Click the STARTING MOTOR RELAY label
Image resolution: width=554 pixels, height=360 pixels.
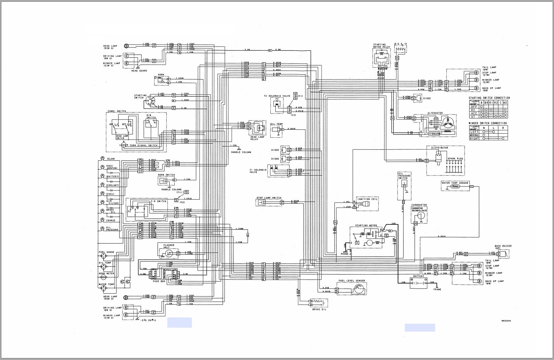[381, 46]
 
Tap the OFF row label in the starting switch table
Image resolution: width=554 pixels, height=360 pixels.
[474, 107]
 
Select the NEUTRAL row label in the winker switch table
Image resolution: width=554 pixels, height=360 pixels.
[474, 135]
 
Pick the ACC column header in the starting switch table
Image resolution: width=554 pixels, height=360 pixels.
[505, 103]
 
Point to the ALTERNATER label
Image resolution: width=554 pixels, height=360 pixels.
[435, 113]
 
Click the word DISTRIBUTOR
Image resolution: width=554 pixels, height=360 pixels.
[439, 148]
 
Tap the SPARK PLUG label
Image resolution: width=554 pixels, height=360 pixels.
[455, 159]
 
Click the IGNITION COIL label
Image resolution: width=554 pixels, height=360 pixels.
[367, 199]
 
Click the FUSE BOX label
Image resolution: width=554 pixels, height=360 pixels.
[159, 281]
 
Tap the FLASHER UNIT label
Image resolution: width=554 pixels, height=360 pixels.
[169, 246]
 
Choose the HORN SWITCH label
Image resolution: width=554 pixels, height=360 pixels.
[166, 175]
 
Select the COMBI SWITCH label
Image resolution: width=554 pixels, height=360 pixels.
[117, 111]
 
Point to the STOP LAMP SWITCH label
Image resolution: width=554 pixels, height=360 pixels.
[269, 198]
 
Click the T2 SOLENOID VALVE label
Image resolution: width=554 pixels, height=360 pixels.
[277, 96]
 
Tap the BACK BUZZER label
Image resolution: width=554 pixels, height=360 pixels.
[503, 247]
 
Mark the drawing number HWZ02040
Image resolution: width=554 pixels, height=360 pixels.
[506, 321]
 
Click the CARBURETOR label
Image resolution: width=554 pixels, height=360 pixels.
[419, 205]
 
